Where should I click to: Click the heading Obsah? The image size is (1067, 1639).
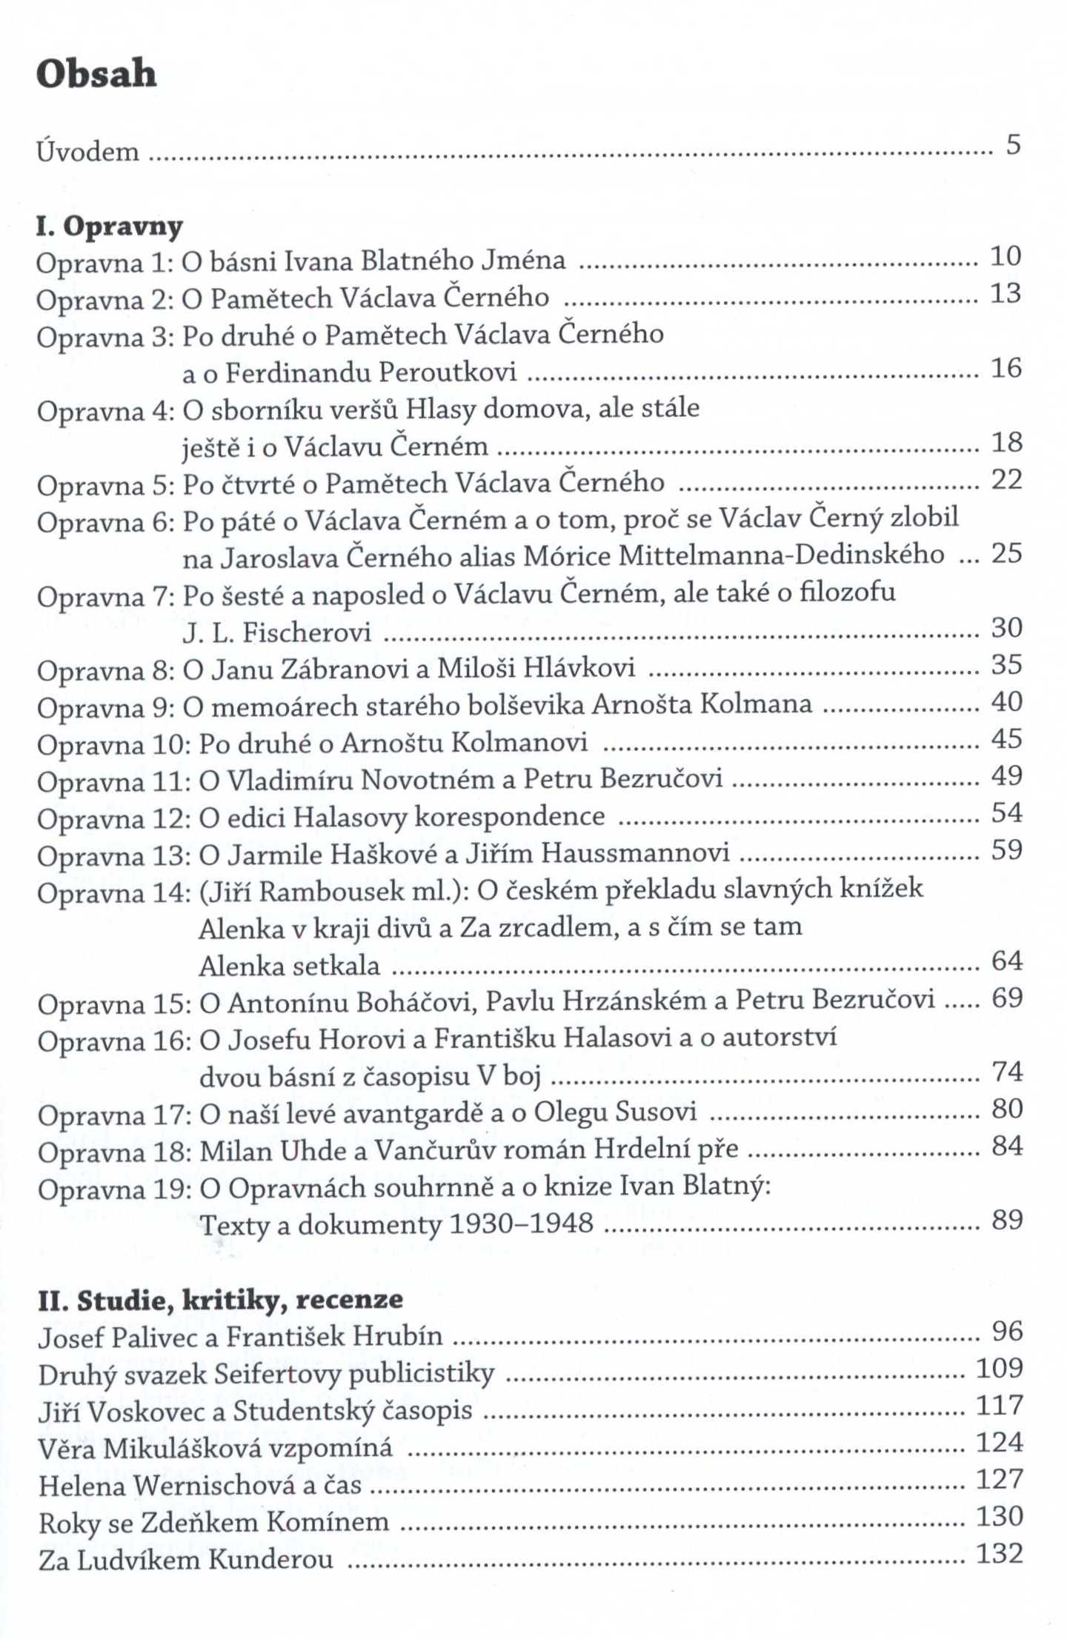(x=96, y=74)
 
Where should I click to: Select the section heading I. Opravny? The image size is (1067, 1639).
(x=109, y=226)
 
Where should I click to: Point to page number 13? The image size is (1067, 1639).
(x=1006, y=294)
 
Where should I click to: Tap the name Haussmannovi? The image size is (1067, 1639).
(x=635, y=853)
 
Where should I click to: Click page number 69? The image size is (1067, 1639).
(x=1007, y=998)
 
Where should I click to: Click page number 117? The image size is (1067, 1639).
(x=999, y=1405)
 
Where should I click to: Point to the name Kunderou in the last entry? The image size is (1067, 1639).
(x=270, y=1560)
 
